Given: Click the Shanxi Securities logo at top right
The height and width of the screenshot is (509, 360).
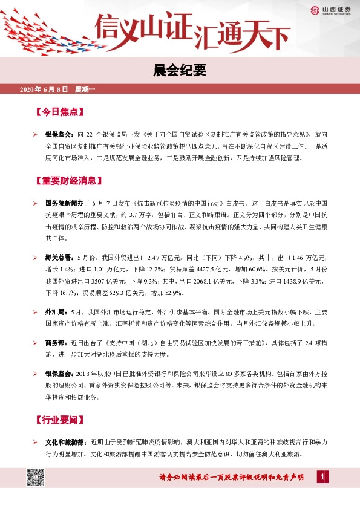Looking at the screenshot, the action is pyautogui.click(x=329, y=9).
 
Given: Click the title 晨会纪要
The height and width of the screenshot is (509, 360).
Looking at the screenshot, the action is pyautogui.click(x=180, y=71).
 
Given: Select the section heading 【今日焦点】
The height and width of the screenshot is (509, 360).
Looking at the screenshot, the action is pyautogui.click(x=59, y=112).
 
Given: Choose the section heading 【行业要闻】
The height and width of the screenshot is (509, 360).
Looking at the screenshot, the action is pyautogui.click(x=59, y=420).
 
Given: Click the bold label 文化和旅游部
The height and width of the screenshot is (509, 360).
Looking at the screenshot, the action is pyautogui.click(x=65, y=443).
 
